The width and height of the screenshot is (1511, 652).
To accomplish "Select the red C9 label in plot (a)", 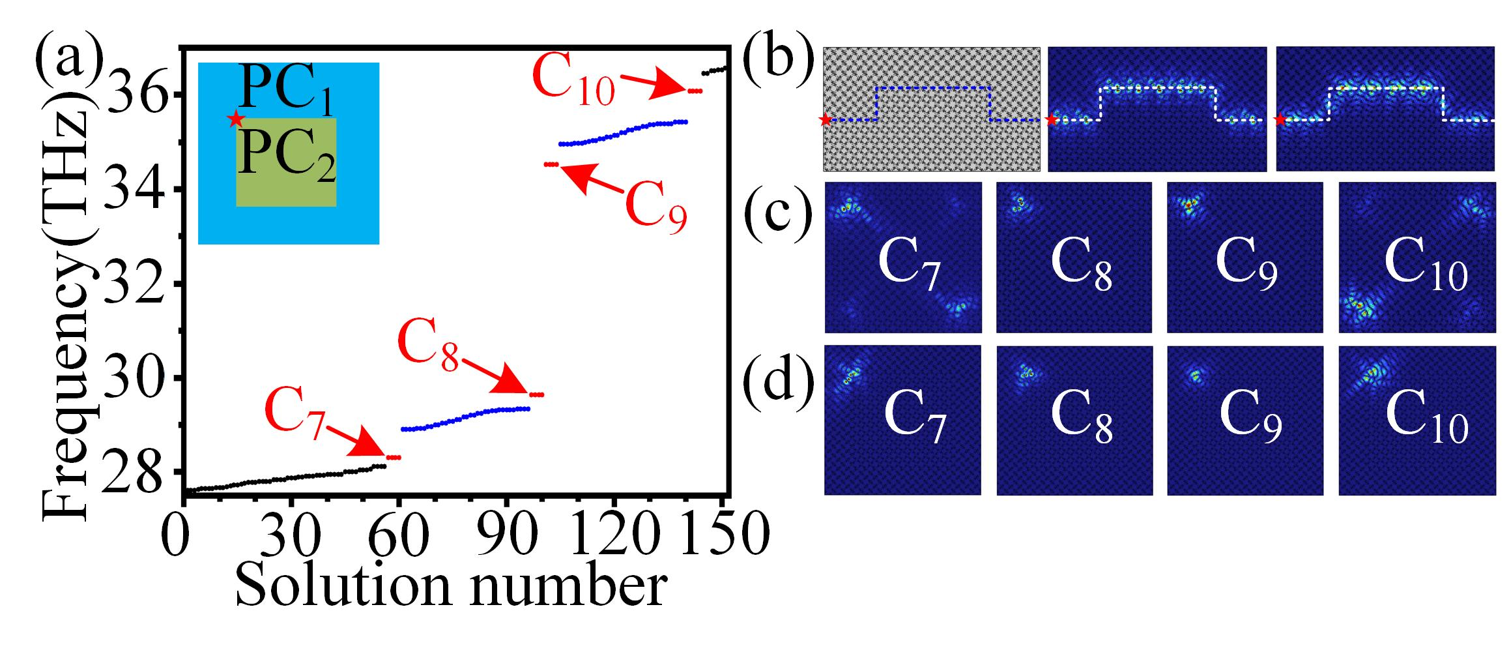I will click(x=655, y=207).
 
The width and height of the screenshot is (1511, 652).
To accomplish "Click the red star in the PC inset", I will click(x=236, y=119).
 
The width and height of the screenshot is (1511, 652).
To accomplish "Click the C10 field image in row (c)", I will click(x=1416, y=258).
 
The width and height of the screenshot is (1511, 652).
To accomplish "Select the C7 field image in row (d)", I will click(x=902, y=421).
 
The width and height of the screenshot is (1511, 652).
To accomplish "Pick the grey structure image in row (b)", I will click(x=931, y=109).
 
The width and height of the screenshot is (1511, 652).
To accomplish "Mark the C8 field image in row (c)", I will click(x=1074, y=258).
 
